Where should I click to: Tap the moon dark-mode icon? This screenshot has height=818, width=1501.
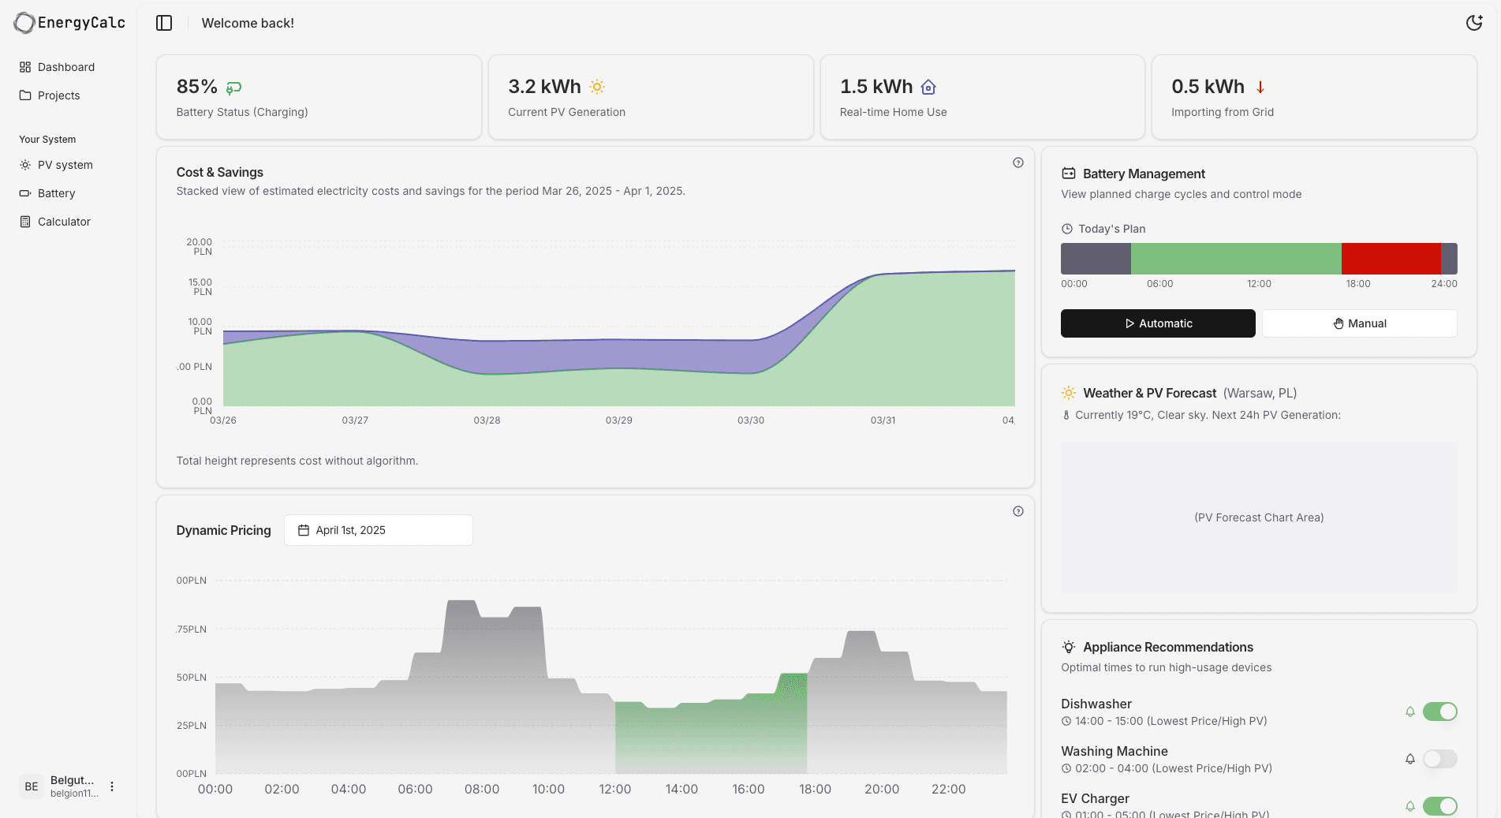[1473, 23]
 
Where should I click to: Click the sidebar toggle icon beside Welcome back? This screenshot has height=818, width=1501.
[164, 23]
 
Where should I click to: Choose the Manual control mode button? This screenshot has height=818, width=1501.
[1359, 323]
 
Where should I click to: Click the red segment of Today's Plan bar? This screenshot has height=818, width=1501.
[1391, 259]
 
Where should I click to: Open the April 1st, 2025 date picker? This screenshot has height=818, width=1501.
[378, 530]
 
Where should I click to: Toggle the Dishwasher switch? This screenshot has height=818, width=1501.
[1439, 712]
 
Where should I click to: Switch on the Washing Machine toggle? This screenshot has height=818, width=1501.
[1439, 759]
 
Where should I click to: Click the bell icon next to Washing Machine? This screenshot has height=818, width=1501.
[1410, 759]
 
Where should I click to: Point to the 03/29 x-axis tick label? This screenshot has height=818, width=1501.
[618, 420]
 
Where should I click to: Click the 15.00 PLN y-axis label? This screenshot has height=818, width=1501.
[200, 286]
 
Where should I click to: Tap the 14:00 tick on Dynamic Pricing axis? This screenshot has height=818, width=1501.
[681, 789]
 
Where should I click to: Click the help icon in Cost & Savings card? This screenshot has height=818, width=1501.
[1017, 162]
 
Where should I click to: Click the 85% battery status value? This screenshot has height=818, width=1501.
[196, 87]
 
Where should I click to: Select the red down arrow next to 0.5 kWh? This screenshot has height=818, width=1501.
[1260, 87]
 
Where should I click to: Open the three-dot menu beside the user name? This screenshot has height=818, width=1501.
[112, 786]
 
